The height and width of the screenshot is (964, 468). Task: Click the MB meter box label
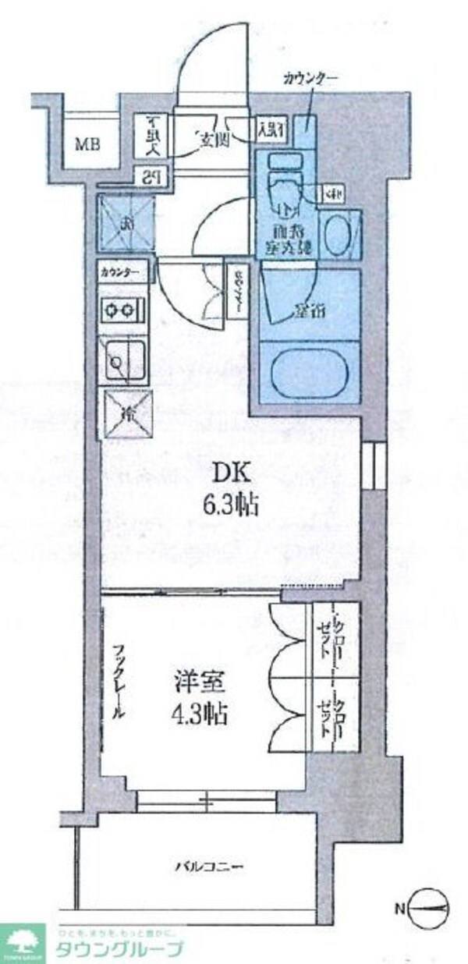86,144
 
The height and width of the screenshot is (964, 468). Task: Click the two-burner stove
122,310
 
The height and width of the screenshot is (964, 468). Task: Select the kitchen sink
122,360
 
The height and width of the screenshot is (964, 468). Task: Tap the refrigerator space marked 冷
124,414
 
